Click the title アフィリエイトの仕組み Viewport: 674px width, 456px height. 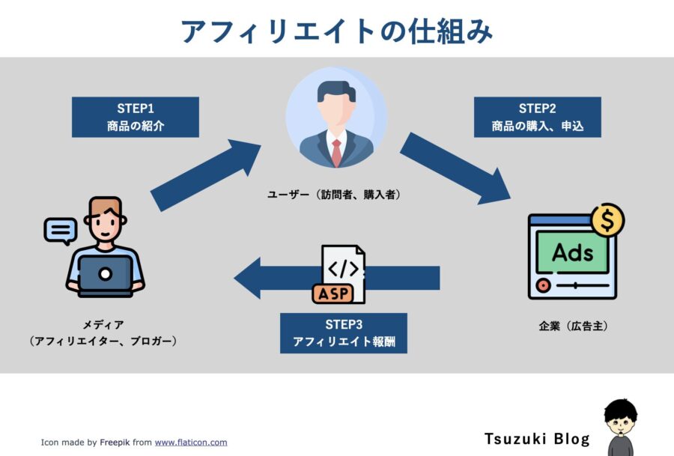point(337,31)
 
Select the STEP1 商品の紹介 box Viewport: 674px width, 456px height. point(136,118)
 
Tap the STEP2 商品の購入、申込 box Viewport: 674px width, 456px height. point(537,118)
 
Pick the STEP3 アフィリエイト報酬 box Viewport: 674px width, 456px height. point(344,333)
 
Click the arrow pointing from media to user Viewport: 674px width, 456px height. point(205,175)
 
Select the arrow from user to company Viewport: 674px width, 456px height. point(455,168)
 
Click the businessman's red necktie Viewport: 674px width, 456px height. point(336,152)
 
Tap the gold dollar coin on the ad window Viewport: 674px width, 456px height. point(608,219)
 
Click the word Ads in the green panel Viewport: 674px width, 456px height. point(573,252)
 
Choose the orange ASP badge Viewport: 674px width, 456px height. point(333,294)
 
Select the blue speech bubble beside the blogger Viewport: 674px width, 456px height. point(61,231)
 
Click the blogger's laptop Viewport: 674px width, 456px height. point(105,275)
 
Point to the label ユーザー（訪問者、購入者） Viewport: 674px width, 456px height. point(334,195)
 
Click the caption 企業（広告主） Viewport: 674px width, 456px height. point(574,326)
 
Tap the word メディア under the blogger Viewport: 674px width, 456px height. point(103,324)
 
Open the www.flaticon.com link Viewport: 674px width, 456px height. point(191,443)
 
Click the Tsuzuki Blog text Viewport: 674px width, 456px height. point(537,439)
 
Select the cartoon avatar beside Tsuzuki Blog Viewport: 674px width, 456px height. point(621,428)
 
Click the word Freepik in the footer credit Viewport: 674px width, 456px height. point(115,443)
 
